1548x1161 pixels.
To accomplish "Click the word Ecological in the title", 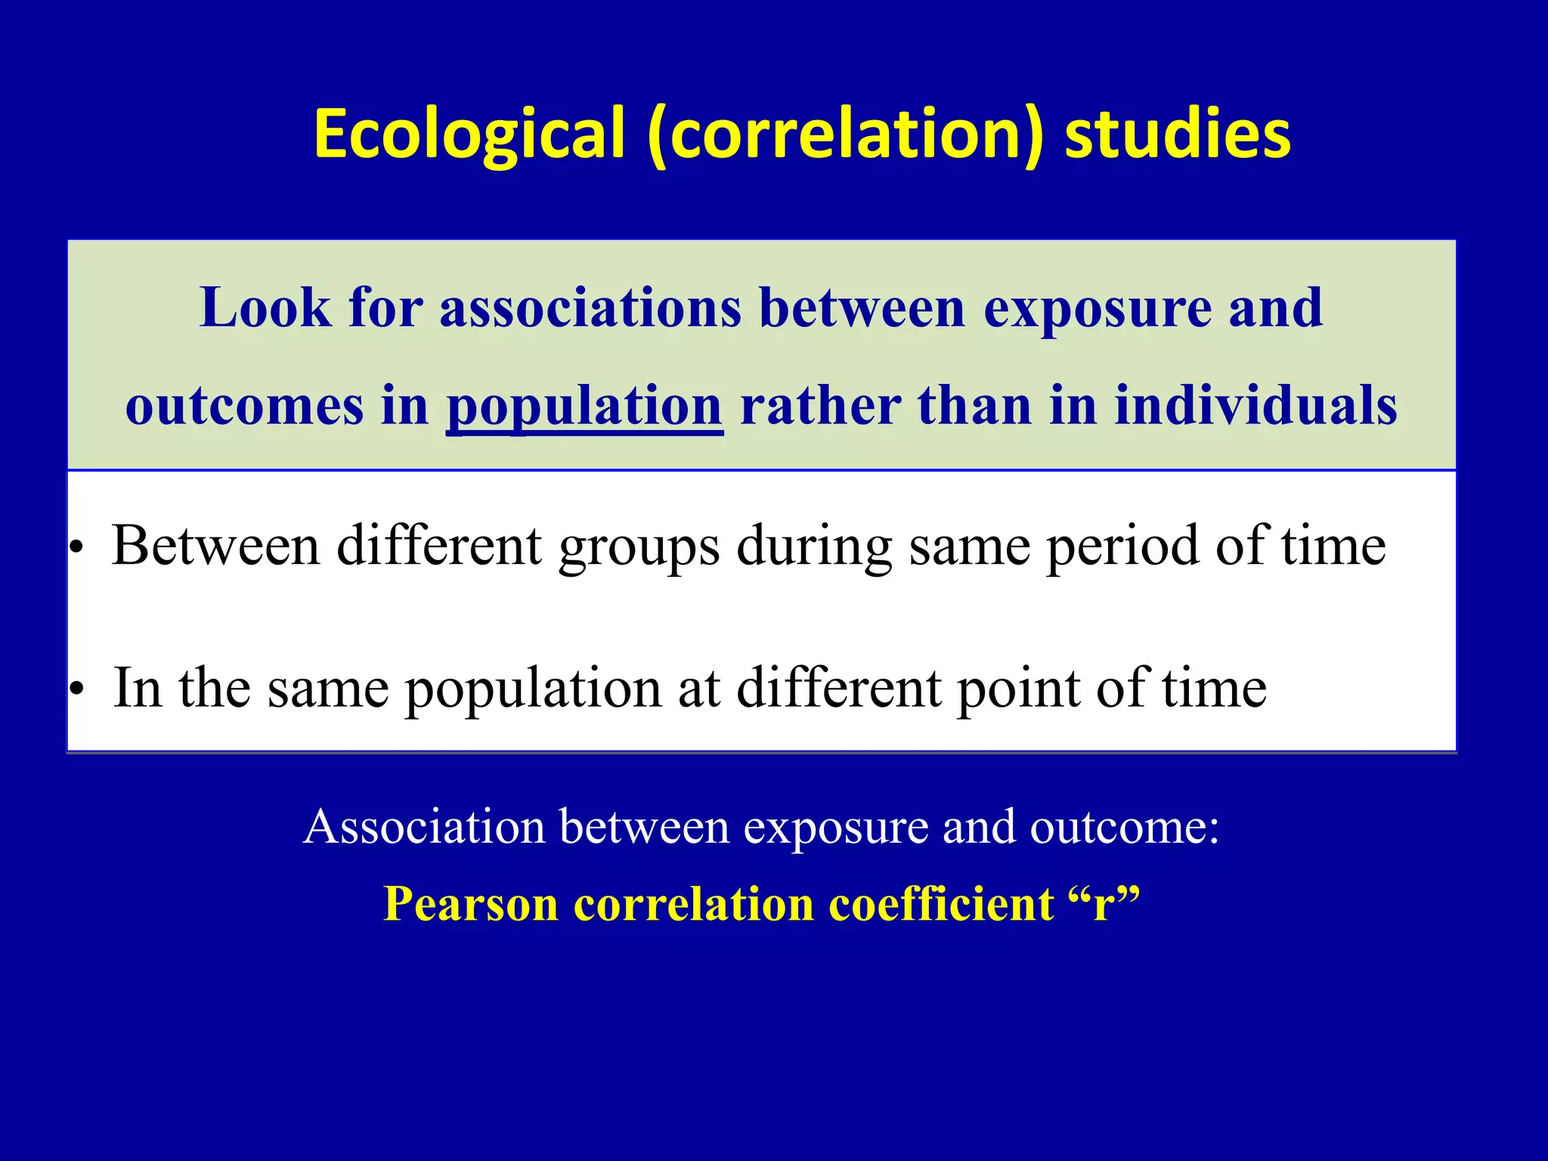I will click(x=469, y=134).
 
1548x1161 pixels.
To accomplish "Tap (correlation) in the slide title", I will click(x=846, y=134).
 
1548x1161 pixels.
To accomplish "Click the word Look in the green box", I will click(x=265, y=308).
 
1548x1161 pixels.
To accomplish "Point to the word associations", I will click(x=590, y=308).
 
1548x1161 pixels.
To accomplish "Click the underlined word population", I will click(x=584, y=407).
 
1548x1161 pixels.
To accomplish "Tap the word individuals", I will click(x=1255, y=405).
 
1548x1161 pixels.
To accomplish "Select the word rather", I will click(x=820, y=405).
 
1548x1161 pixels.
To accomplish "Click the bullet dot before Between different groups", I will click(x=76, y=546).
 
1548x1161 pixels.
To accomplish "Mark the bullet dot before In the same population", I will click(x=76, y=689).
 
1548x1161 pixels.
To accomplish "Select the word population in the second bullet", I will click(x=533, y=689).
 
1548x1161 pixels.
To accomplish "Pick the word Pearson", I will click(x=470, y=903).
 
